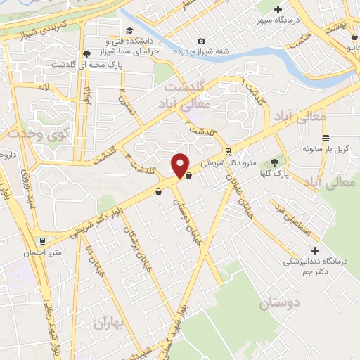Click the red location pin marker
(181, 165)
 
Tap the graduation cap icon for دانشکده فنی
(129, 30)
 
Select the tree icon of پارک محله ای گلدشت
(86, 54)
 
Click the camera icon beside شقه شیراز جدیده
(202, 41)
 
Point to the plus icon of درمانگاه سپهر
(278, 10)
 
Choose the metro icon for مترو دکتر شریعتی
(227, 151)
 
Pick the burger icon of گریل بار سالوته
(325, 138)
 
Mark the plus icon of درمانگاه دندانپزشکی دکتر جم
(315, 250)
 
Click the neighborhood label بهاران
(108, 323)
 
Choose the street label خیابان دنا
(95, 259)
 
